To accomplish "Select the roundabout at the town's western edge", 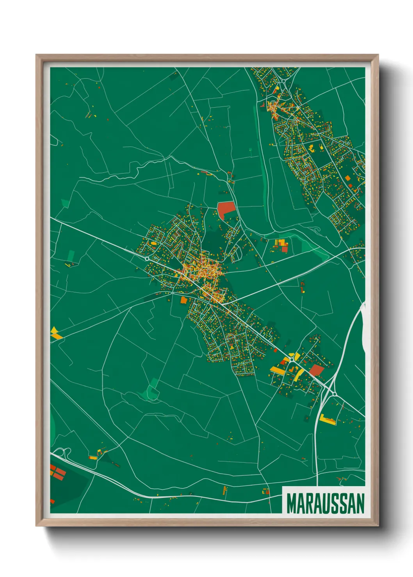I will pyautogui.click(x=147, y=258).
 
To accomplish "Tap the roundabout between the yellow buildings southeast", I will pyautogui.click(x=292, y=359).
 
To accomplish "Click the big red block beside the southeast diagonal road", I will pyautogui.click(x=317, y=370).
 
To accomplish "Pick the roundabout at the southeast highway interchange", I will pyautogui.click(x=335, y=394).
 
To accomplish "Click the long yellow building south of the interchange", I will pyautogui.click(x=328, y=419).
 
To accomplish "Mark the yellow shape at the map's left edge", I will pyautogui.click(x=55, y=333).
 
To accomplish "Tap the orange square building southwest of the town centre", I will pyautogui.click(x=183, y=300).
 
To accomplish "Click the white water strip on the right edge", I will pyautogui.click(x=363, y=324).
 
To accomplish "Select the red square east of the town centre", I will pyautogui.click(x=285, y=249).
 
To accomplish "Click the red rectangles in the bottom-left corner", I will pyautogui.click(x=58, y=473).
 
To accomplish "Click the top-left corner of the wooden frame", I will pyautogui.click(x=37, y=55).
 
